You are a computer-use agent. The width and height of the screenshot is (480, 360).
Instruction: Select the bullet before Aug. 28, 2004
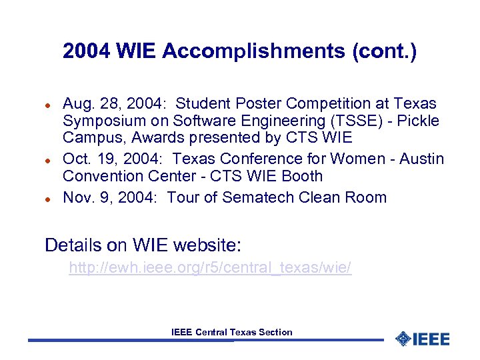(48, 105)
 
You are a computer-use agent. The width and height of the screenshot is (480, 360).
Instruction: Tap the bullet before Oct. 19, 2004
(48, 160)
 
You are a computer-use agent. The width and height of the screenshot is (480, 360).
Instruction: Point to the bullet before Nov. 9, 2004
(48, 199)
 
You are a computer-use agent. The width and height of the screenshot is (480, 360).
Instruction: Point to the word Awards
(154, 138)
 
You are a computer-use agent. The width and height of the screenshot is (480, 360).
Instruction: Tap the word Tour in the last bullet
(183, 197)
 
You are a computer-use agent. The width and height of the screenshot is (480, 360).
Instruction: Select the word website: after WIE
(206, 245)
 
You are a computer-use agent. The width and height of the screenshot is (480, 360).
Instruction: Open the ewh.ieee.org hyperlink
(210, 268)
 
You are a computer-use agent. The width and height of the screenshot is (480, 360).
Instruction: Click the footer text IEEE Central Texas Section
(231, 332)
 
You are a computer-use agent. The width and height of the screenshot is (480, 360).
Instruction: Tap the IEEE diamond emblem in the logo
(403, 339)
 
